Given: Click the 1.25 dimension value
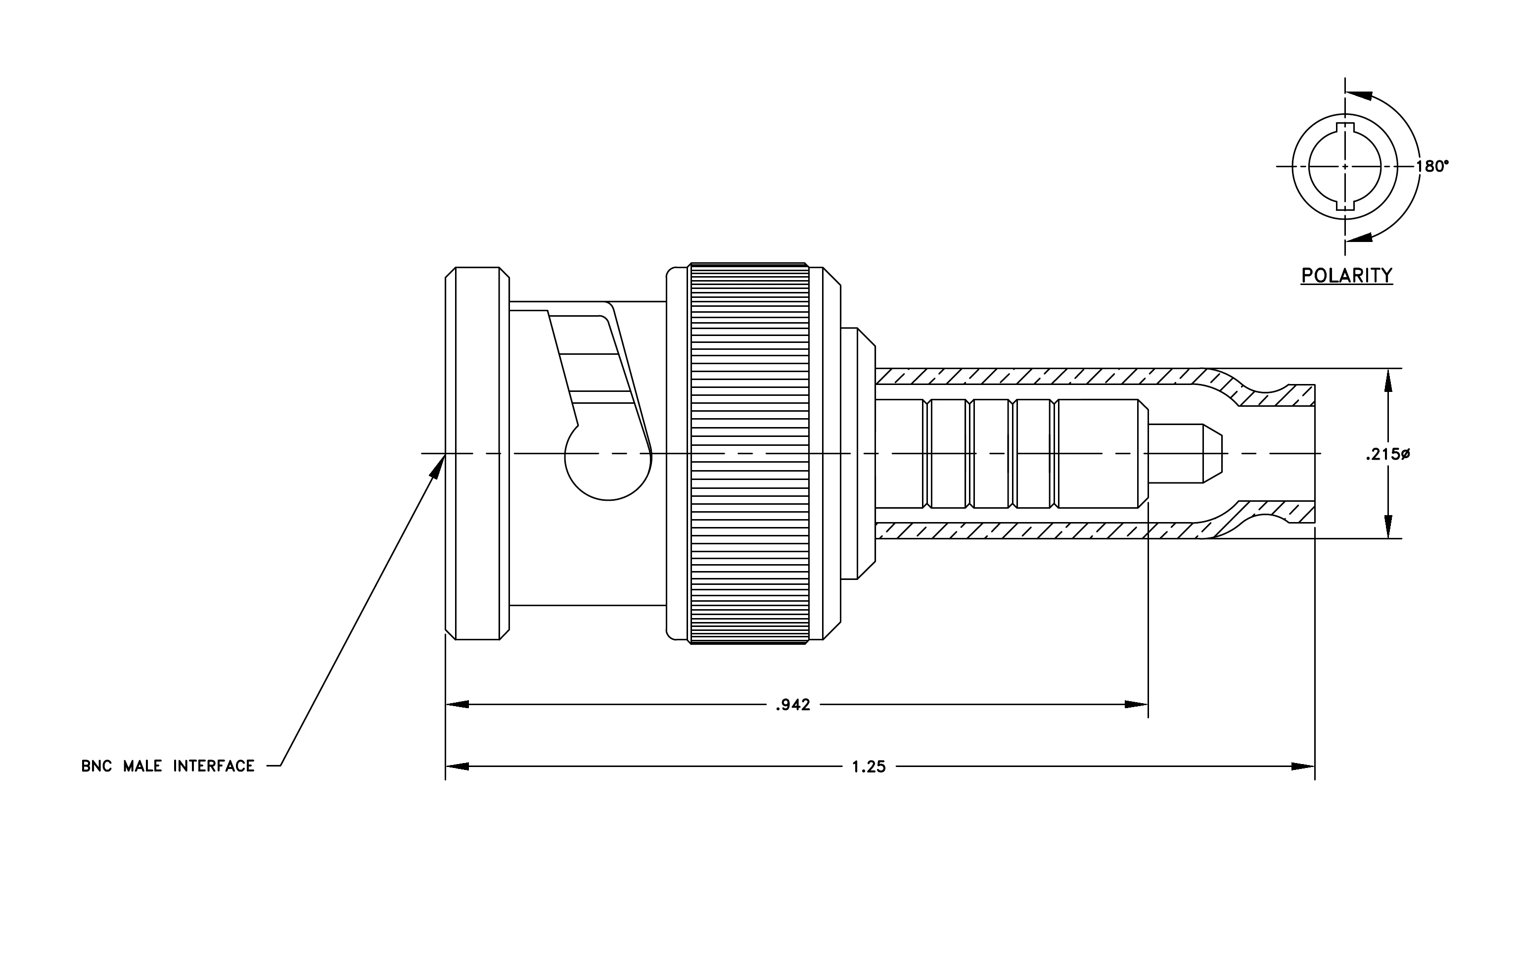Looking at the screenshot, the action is pyautogui.click(x=869, y=767).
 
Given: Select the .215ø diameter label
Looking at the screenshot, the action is pyautogui.click(x=1387, y=454).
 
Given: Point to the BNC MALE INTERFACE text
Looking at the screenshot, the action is pyautogui.click(x=168, y=766).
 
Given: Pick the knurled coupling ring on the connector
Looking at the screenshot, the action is pyautogui.click(x=749, y=453).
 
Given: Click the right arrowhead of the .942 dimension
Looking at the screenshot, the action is pyautogui.click(x=1137, y=704).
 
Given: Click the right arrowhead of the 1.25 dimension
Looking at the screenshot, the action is pyautogui.click(x=1303, y=767).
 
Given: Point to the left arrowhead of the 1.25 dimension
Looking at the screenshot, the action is pyautogui.click(x=457, y=766).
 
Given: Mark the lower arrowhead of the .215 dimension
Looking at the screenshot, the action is pyautogui.click(x=1387, y=527).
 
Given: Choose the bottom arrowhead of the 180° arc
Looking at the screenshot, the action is pyautogui.click(x=1359, y=238).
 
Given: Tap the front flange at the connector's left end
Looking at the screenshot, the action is pyautogui.click(x=477, y=453).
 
